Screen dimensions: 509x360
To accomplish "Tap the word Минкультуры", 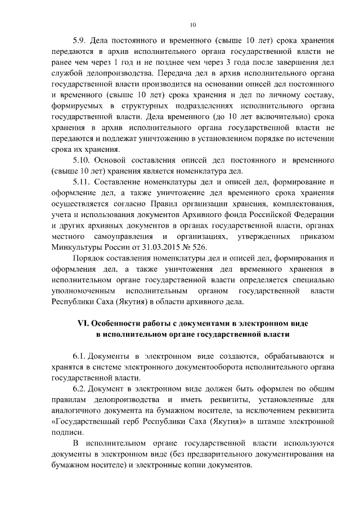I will pos(75,247).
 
